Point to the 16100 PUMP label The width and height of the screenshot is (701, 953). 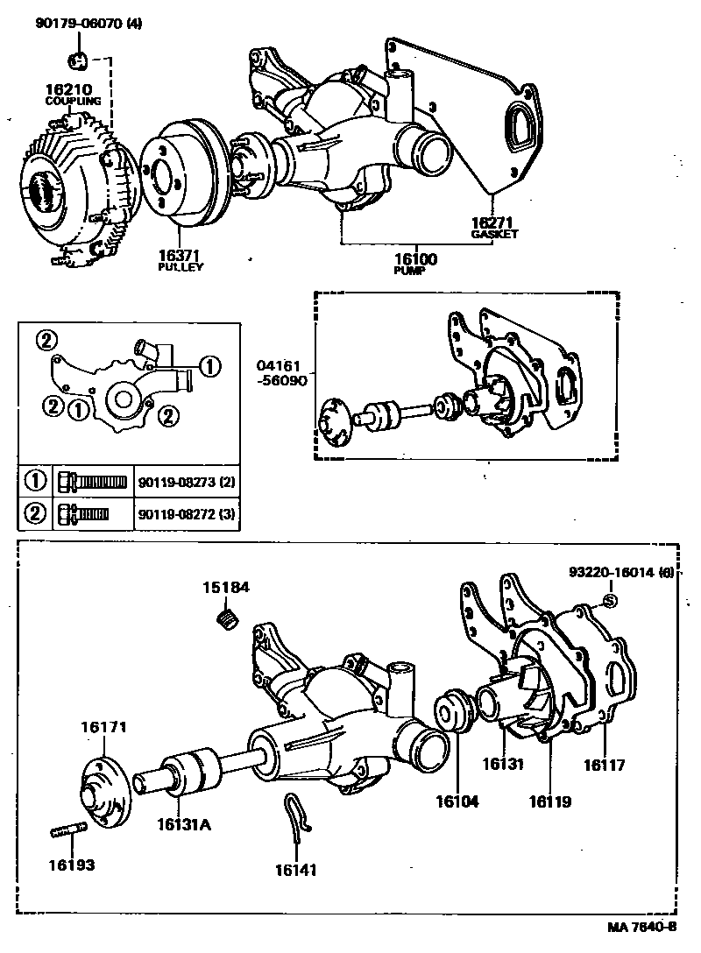(x=415, y=264)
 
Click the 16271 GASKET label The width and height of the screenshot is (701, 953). (x=494, y=228)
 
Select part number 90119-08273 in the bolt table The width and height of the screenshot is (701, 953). (x=180, y=483)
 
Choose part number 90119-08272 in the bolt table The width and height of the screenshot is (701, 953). (x=180, y=513)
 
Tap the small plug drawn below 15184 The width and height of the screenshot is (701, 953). (x=228, y=619)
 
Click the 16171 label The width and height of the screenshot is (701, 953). (x=105, y=727)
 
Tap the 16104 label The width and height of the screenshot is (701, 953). (x=458, y=800)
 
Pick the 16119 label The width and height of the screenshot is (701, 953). (x=549, y=800)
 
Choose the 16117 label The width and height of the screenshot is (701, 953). (x=604, y=765)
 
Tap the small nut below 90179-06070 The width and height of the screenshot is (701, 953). (x=77, y=60)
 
